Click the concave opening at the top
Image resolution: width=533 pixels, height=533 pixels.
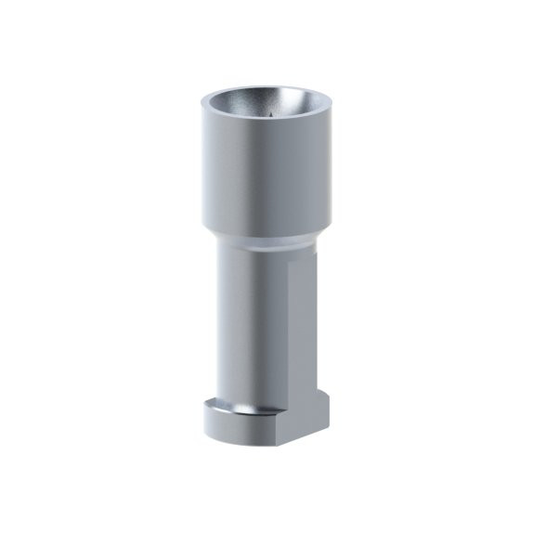click(266, 105)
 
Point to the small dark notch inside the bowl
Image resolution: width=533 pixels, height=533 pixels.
click(267, 116)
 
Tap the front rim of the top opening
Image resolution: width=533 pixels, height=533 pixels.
click(266, 123)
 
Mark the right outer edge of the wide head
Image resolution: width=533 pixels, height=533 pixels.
click(332, 167)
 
